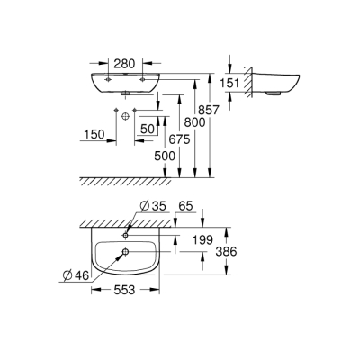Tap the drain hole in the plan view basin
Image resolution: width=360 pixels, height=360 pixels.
(x=125, y=252)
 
